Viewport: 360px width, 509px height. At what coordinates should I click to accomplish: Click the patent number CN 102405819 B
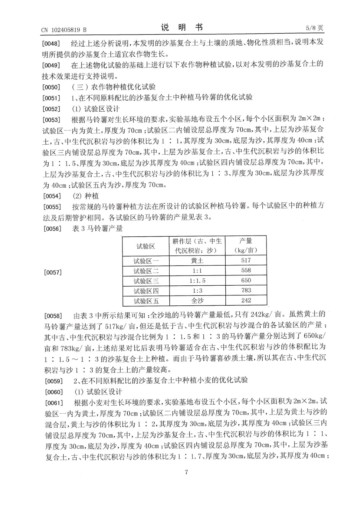[64, 30]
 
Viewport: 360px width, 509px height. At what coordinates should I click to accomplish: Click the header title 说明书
[181, 28]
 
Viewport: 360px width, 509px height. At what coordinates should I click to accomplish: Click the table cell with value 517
[246, 261]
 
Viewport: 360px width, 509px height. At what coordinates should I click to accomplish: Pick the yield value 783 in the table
[246, 290]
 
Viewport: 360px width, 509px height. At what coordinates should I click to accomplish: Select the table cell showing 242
[246, 301]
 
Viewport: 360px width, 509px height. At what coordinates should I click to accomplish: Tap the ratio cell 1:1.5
[197, 281]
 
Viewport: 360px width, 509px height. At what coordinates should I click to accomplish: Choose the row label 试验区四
[146, 291]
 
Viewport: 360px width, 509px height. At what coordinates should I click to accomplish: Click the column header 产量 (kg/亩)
[246, 246]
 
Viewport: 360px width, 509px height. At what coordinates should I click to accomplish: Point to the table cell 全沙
[197, 301]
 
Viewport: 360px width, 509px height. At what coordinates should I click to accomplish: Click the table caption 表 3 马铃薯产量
[97, 228]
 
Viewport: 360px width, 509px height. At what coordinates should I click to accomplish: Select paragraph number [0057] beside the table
[53, 272]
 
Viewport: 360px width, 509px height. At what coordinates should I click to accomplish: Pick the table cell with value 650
[246, 281]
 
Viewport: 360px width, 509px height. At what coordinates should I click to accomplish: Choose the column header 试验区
[146, 246]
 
